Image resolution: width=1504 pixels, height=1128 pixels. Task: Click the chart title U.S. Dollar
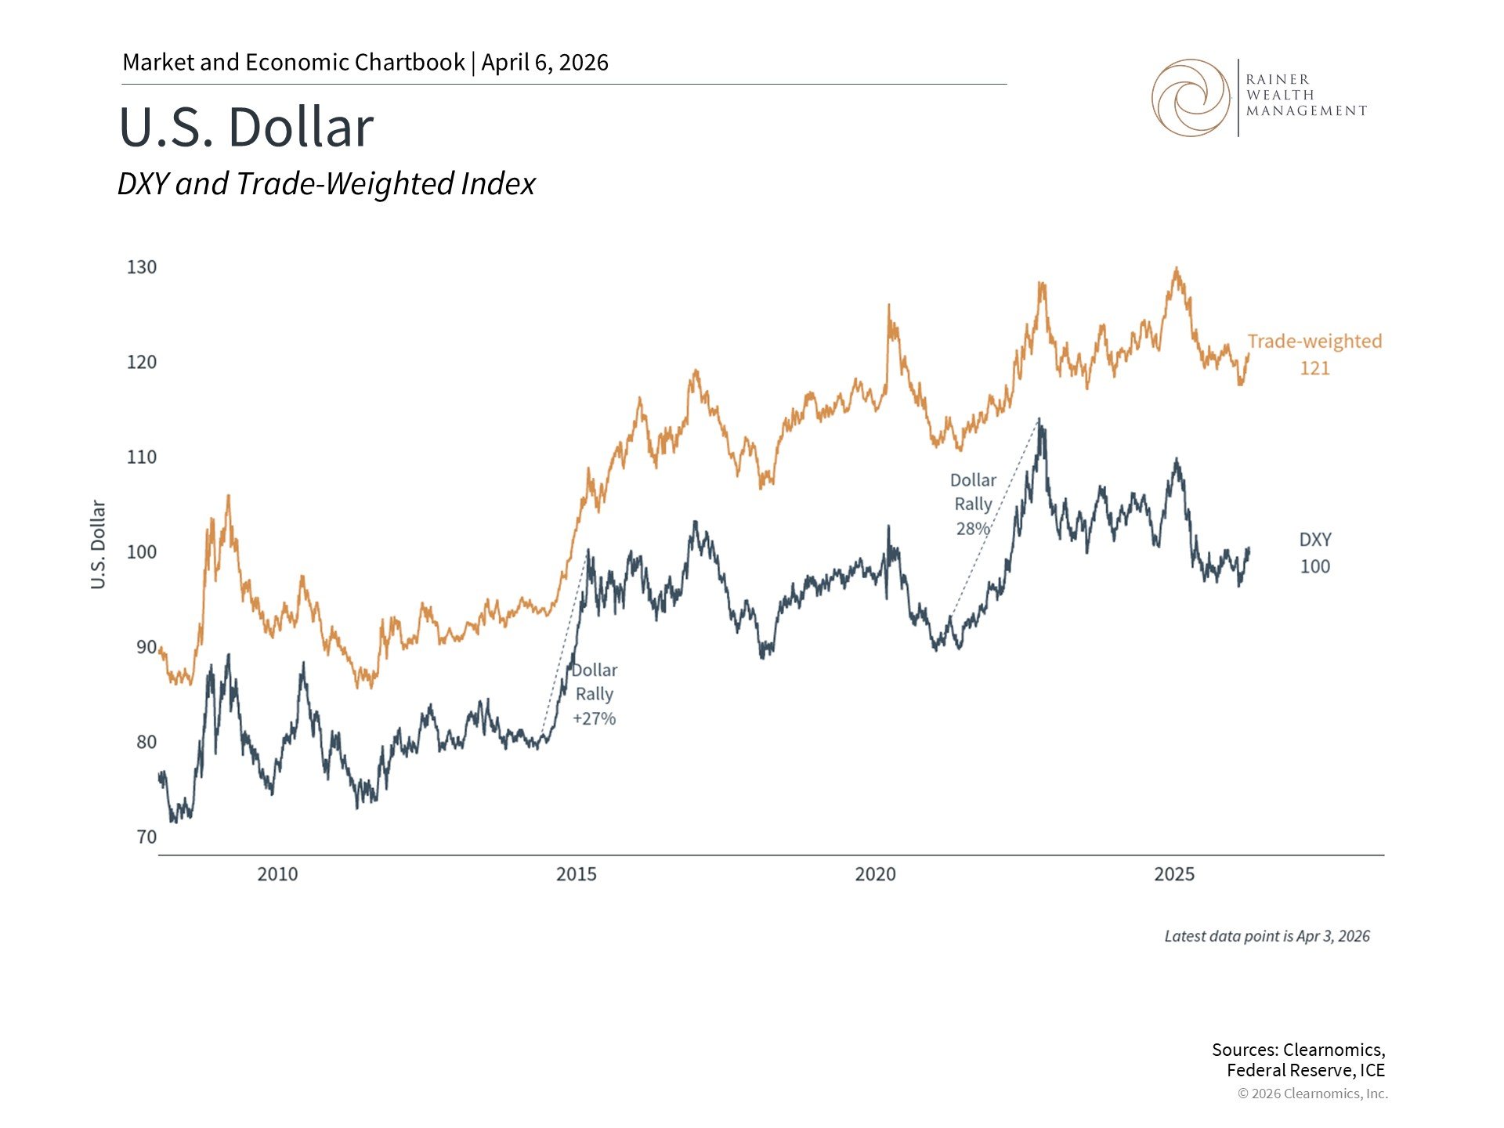click(246, 127)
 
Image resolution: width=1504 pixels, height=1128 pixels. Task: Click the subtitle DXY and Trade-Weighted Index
click(326, 184)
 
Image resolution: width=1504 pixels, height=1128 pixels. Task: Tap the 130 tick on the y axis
click(142, 267)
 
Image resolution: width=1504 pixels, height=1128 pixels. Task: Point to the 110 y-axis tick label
click(142, 457)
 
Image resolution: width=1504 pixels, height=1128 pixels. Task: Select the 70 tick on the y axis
click(146, 837)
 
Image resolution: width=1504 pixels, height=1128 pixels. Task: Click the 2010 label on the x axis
click(277, 874)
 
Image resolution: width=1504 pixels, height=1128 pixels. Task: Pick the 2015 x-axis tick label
click(576, 874)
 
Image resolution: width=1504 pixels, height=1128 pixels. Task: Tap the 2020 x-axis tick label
click(875, 874)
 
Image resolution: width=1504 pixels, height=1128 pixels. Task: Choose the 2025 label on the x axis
click(1173, 874)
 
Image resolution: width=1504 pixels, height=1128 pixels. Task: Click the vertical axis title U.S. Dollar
click(98, 544)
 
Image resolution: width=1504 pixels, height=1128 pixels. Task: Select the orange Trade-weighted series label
click(1314, 342)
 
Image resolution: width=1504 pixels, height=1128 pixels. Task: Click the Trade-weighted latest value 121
click(1314, 368)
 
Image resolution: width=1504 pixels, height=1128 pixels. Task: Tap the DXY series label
click(1314, 540)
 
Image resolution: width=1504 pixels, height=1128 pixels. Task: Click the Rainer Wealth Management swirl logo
click(1190, 98)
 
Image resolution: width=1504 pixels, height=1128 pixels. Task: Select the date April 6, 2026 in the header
click(544, 63)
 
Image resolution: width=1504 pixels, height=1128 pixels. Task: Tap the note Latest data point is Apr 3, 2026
click(1267, 936)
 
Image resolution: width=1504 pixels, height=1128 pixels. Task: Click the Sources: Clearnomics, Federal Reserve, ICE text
click(1298, 1060)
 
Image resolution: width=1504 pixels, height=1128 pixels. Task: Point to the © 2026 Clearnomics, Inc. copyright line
click(1312, 1094)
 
